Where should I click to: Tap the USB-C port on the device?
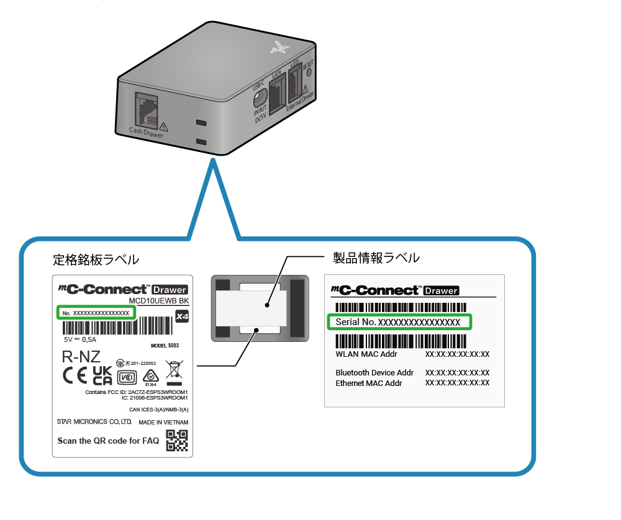261,97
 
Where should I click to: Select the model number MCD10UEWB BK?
158,302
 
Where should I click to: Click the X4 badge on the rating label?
181,316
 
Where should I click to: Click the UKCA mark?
102,375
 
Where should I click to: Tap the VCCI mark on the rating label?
127,377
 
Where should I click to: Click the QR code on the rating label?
177,441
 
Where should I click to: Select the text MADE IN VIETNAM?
163,422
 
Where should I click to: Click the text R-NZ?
81,357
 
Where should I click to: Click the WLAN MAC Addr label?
366,354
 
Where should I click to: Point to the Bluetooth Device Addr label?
374,372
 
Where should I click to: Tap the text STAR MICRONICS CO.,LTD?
94,422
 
